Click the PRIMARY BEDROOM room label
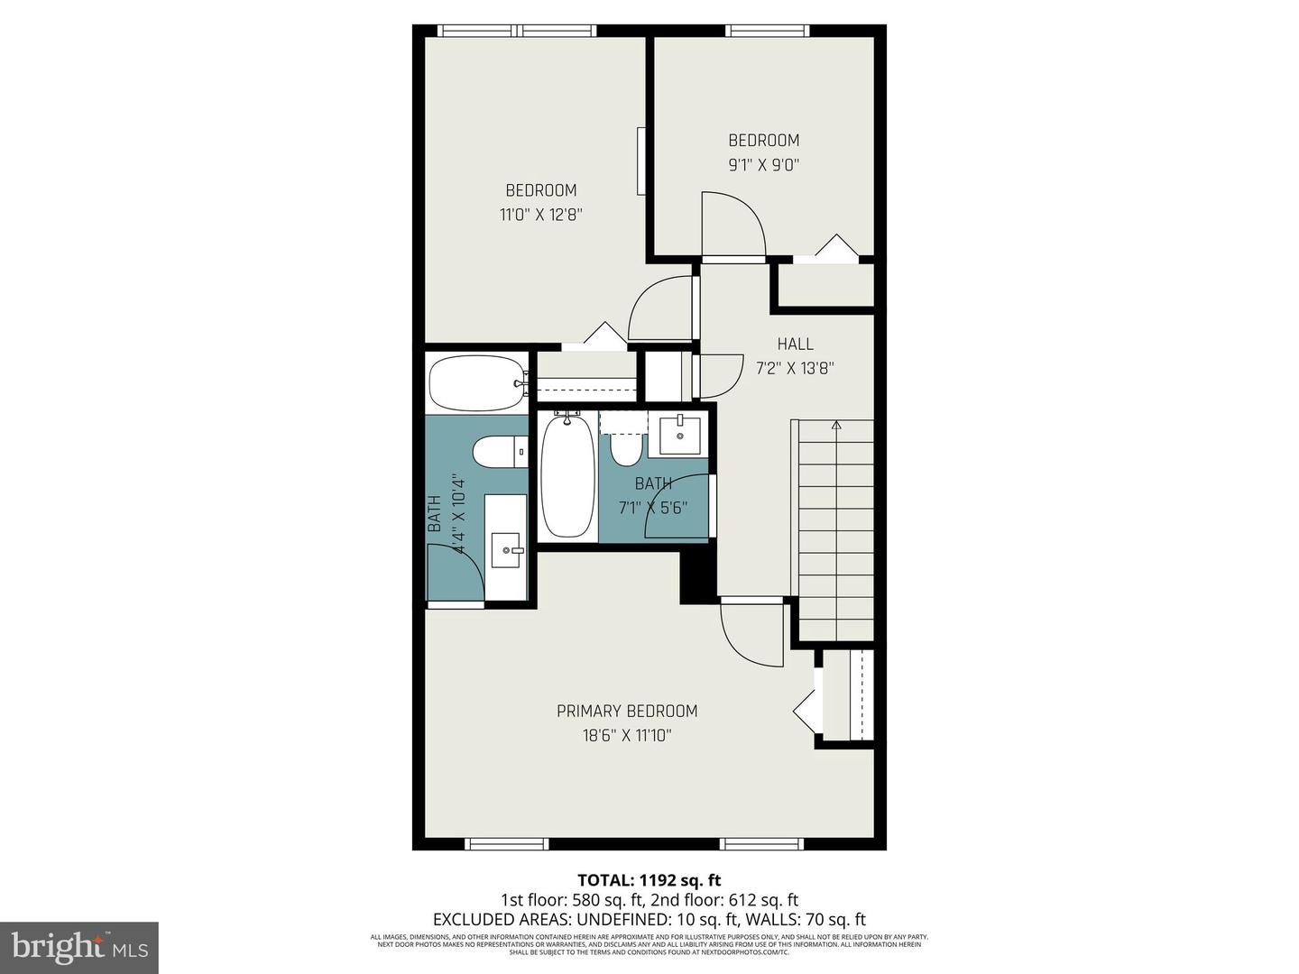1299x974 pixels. [626, 711]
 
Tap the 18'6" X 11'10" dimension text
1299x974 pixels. [626, 735]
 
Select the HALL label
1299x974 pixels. [795, 344]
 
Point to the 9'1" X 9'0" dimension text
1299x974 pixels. [763, 164]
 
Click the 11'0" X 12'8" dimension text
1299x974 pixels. [540, 215]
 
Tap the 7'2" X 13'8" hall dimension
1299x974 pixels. [795, 368]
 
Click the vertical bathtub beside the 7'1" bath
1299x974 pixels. [567, 475]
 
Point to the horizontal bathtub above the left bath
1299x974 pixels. [475, 383]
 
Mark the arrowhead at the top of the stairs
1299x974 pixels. [835, 424]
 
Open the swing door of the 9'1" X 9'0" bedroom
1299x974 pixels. [732, 225]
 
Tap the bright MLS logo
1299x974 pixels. [79, 947]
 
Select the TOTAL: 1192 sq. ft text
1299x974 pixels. [649, 879]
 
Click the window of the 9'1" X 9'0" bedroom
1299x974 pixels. [768, 31]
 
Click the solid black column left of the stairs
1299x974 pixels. [697, 577]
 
